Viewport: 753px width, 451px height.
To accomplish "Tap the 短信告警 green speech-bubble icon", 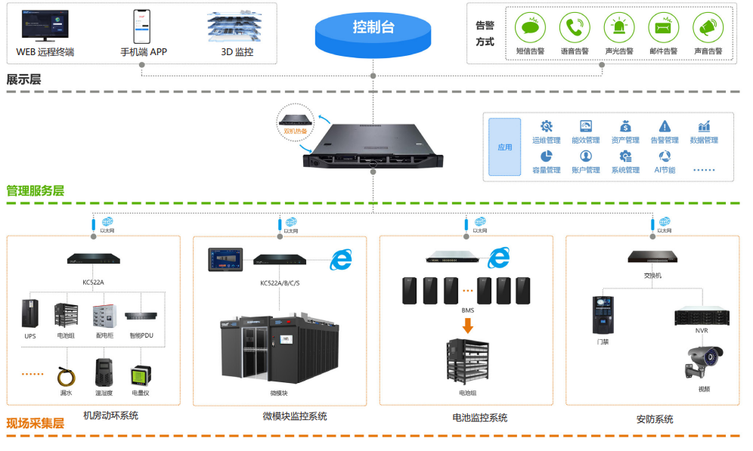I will (x=530, y=28).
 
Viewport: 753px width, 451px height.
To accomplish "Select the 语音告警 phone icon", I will (x=575, y=28).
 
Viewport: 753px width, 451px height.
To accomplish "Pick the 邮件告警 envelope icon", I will (x=663, y=28).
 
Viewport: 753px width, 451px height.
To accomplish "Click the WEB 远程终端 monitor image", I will (x=45, y=26).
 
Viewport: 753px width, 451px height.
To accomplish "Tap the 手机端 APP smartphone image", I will (x=143, y=26).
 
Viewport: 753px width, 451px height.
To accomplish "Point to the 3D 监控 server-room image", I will (x=237, y=25).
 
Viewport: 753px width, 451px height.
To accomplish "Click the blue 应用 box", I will (x=504, y=147).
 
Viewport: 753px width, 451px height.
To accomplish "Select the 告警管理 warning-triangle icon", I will (x=665, y=126).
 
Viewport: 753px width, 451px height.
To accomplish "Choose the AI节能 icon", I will (x=664, y=156).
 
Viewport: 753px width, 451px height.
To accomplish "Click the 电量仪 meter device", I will (x=140, y=375).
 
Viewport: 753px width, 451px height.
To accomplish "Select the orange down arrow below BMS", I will (x=468, y=326).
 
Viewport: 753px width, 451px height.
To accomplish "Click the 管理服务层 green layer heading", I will (x=36, y=190).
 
